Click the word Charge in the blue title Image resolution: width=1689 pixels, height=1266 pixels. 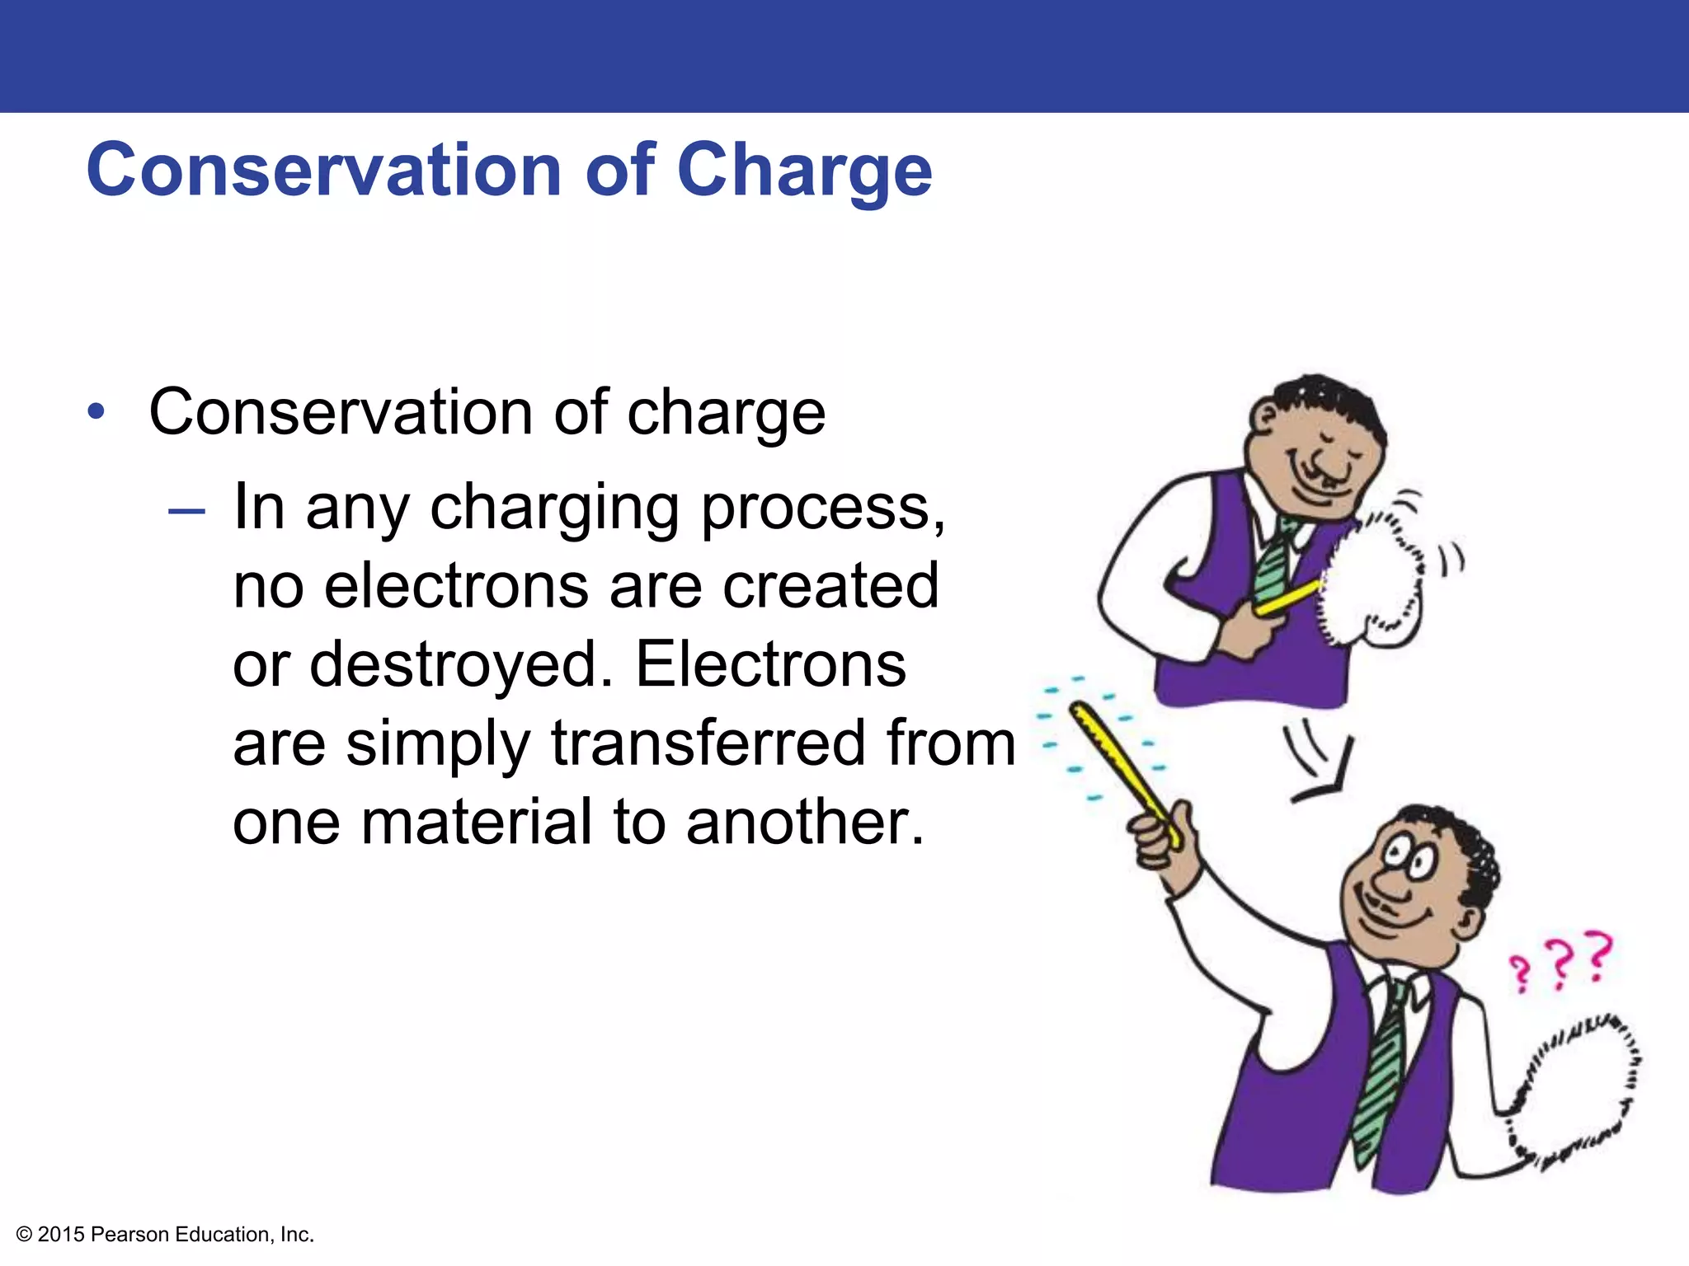pos(804,171)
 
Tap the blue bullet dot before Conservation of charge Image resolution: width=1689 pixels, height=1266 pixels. pos(96,411)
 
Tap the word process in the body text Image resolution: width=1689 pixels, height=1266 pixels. pos(821,508)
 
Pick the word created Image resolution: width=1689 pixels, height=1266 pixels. pos(831,585)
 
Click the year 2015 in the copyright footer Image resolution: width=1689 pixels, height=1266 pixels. pos(61,1235)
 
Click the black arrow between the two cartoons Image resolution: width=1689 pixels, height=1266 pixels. pos(1320,762)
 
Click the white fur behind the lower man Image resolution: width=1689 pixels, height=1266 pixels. pos(1575,1088)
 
